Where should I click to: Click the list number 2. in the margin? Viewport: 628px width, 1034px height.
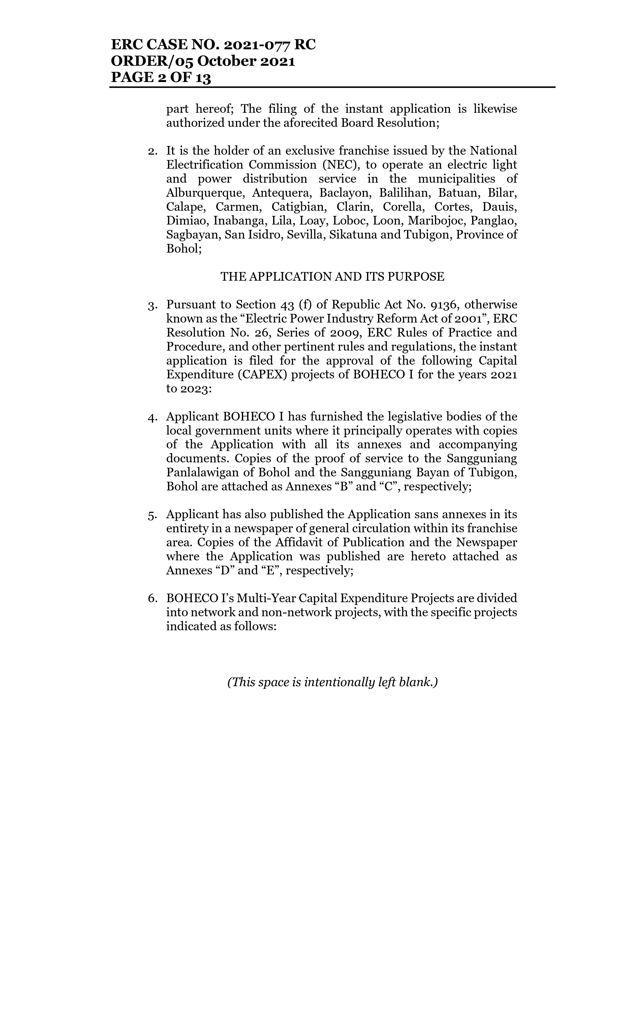(x=152, y=151)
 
